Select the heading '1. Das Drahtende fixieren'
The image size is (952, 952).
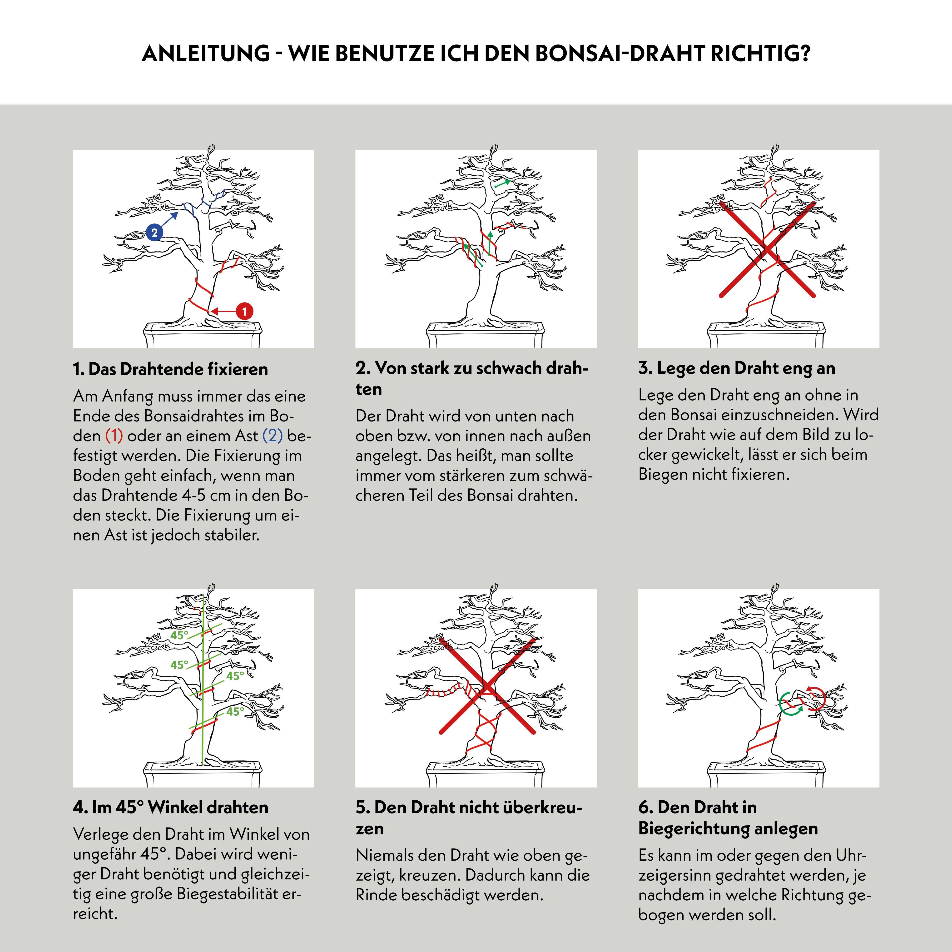click(170, 369)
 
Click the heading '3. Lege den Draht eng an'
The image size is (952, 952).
click(737, 368)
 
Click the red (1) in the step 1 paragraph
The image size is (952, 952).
click(114, 436)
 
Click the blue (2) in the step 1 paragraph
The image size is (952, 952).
click(273, 436)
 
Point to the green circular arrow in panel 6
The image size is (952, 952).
click(791, 703)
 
